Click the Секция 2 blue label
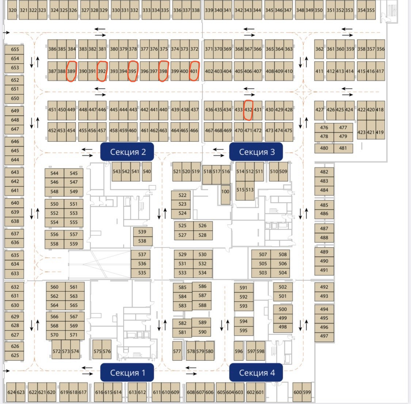pos(127,152)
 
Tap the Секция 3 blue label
pos(256,152)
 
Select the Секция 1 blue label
pos(127,373)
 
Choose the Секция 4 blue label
pos(256,373)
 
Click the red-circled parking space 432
pos(248,110)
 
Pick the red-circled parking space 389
pos(71,71)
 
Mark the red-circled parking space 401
pos(194,71)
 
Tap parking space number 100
pos(225,191)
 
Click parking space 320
pos(12,10)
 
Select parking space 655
pos(15,49)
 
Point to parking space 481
pos(343,148)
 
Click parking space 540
pos(147,171)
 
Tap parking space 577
pos(177,351)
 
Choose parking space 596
pos(239,351)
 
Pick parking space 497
pos(324,336)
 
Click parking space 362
pos(319,49)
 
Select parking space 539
pos(142,232)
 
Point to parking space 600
pos(298,392)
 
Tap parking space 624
pos(11,392)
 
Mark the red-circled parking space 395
pos(132,71)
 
